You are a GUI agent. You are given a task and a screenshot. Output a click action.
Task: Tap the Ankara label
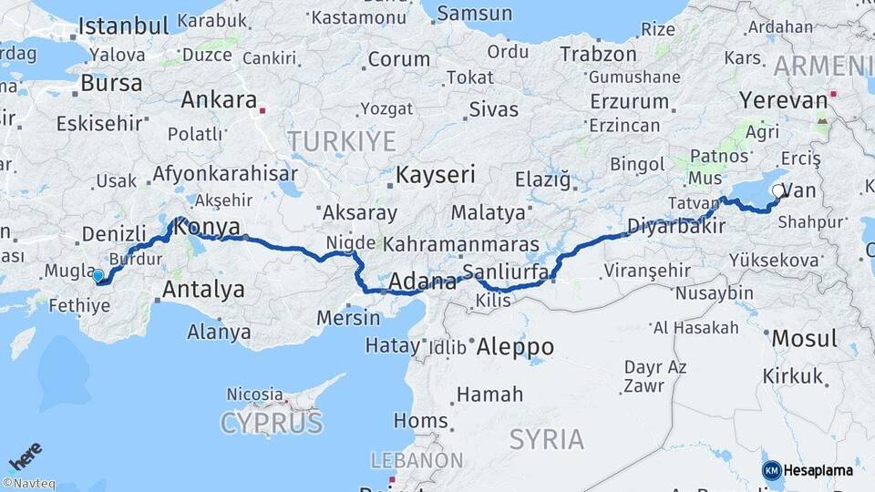pyautogui.click(x=219, y=99)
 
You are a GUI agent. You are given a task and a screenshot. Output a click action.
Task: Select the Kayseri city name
pyautogui.click(x=437, y=175)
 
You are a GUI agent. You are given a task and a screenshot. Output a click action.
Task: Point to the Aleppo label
pyautogui.click(x=517, y=346)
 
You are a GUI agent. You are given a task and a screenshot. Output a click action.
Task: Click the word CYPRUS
pyautogui.click(x=272, y=423)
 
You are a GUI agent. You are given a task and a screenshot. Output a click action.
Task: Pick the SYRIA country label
pyautogui.click(x=546, y=439)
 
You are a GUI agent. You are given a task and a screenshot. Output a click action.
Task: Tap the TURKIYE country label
pyautogui.click(x=343, y=141)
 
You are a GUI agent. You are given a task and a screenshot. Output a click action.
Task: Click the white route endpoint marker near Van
pyautogui.click(x=777, y=190)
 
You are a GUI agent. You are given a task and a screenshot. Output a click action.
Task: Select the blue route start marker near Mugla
pyautogui.click(x=98, y=275)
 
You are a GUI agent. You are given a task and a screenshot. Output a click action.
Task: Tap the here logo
pyautogui.click(x=26, y=456)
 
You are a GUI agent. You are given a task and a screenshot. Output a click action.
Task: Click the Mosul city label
pyautogui.click(x=803, y=339)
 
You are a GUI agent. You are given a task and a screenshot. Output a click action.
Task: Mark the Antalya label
pyautogui.click(x=203, y=290)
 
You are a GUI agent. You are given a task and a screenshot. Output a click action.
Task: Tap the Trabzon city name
pyautogui.click(x=598, y=55)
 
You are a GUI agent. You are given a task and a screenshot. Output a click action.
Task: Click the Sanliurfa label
pyautogui.click(x=505, y=272)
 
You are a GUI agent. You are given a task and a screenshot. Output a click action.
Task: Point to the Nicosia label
pyautogui.click(x=254, y=395)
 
